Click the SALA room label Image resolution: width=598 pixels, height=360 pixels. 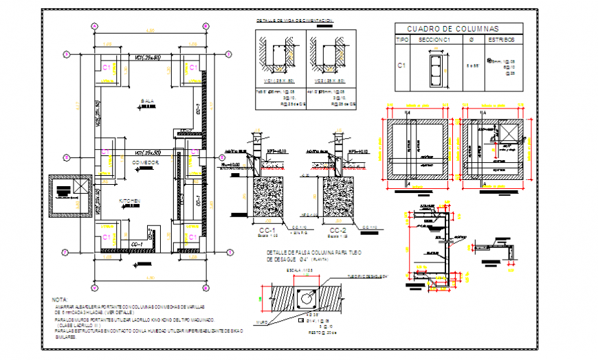click(x=147, y=101)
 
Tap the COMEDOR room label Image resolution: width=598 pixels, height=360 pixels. click(x=146, y=162)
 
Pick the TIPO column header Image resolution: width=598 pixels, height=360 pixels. click(x=403, y=40)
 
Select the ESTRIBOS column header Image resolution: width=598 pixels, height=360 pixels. click(x=500, y=40)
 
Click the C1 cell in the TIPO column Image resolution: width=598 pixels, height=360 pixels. click(x=403, y=66)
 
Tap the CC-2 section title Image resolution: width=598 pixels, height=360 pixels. click(x=337, y=229)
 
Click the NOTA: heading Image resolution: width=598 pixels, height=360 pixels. click(x=60, y=300)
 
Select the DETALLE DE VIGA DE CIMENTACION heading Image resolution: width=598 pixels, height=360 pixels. click(x=294, y=21)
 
